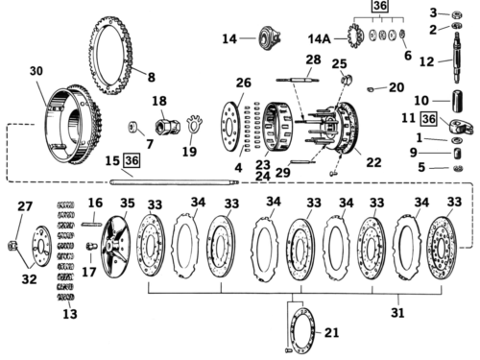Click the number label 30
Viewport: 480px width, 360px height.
click(36, 71)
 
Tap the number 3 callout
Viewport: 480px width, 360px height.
click(433, 12)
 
